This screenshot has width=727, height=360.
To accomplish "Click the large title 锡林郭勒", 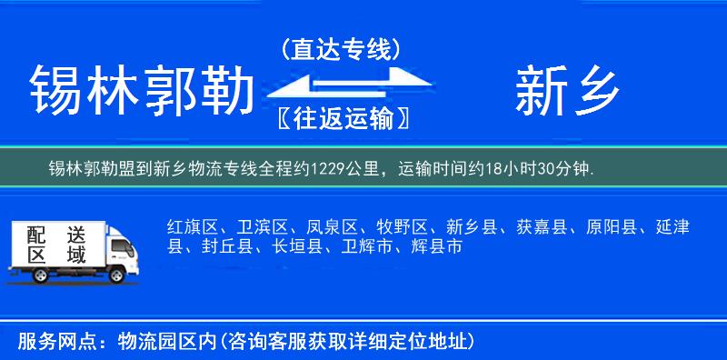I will click(141, 92).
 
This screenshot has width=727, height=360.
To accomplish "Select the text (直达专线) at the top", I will click(341, 49).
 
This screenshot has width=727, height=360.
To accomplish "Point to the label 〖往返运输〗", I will click(341, 118).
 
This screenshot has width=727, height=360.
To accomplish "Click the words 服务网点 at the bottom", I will click(47, 342).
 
